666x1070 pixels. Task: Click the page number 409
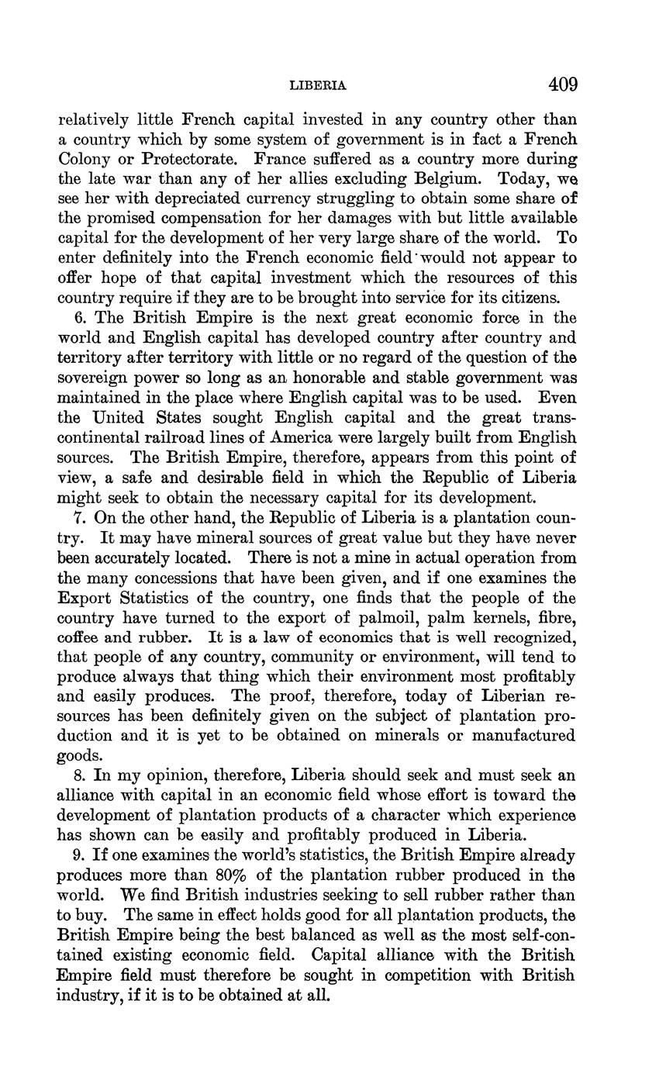click(x=563, y=85)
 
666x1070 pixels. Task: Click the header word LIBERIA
click(x=317, y=86)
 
